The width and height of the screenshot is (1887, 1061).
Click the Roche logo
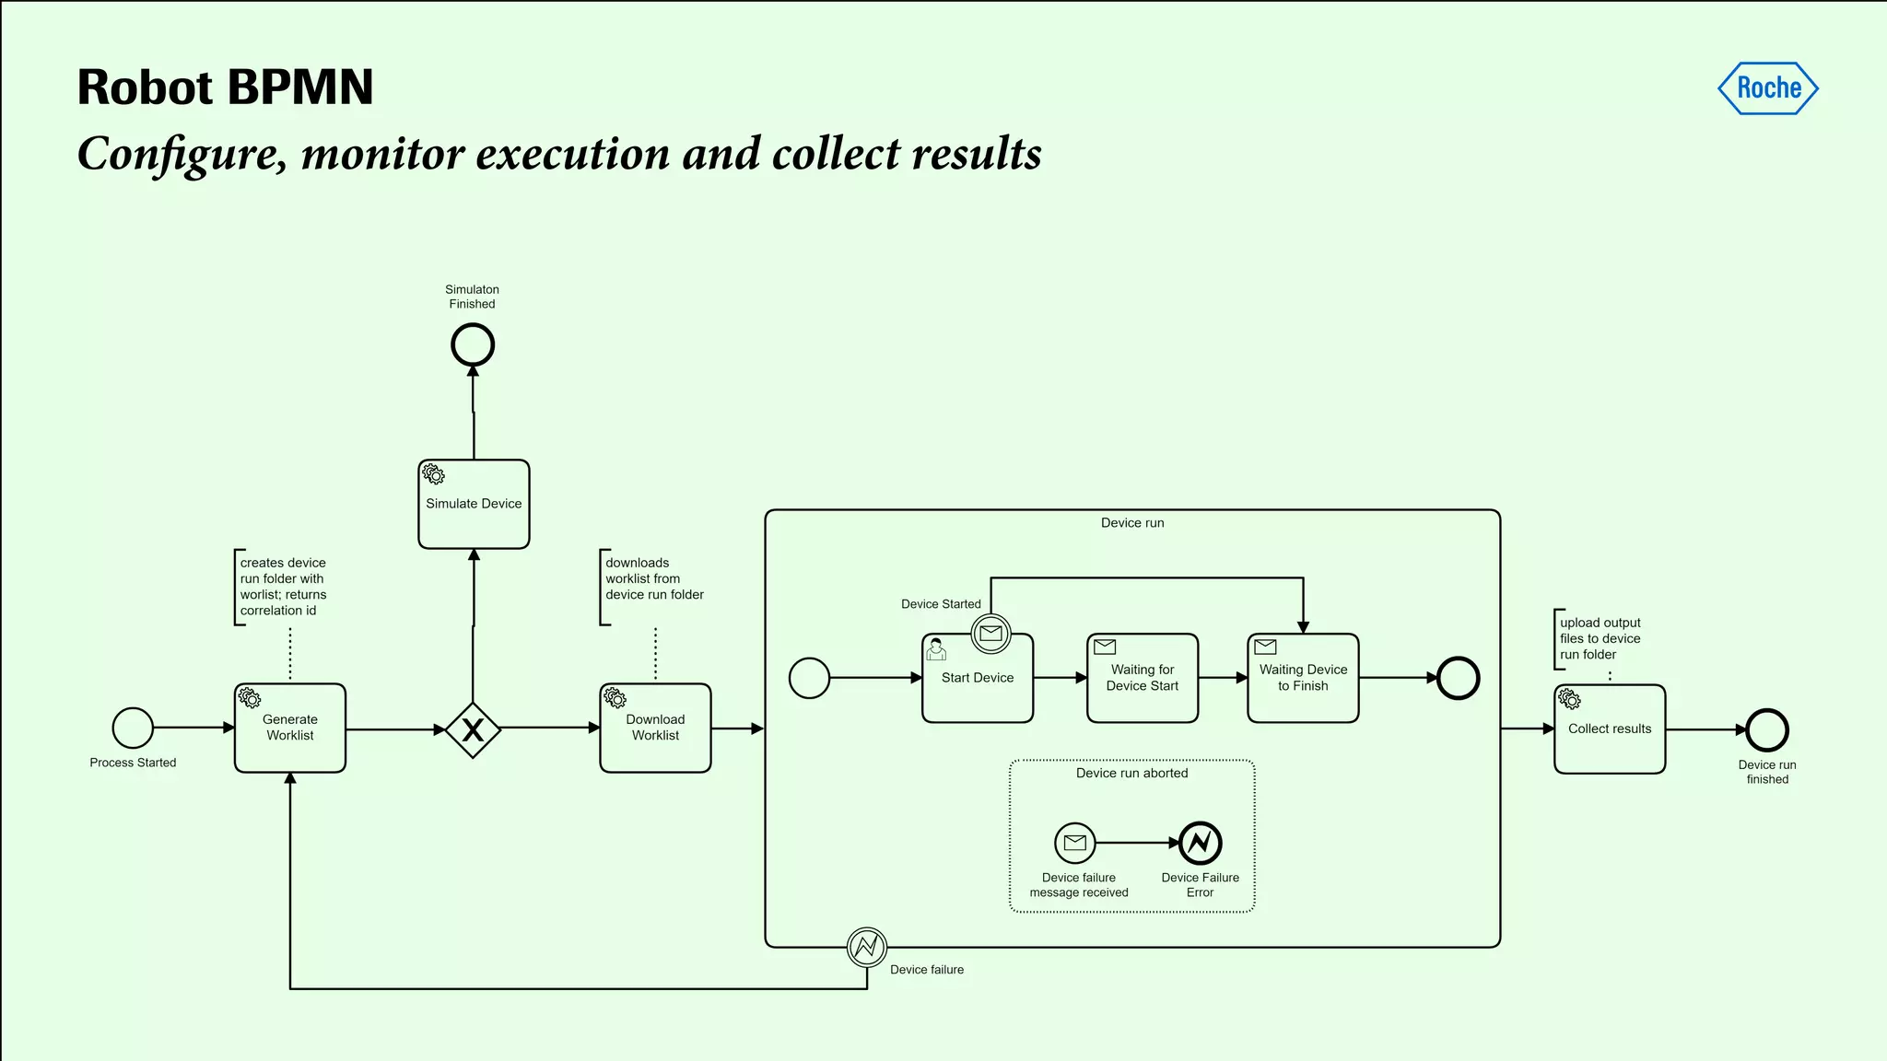pyautogui.click(x=1768, y=88)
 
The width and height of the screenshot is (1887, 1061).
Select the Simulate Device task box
pyautogui.click(x=474, y=505)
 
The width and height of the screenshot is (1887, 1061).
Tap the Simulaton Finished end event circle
pyautogui.click(x=473, y=345)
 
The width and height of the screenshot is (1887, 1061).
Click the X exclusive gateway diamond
pyautogui.click(x=473, y=729)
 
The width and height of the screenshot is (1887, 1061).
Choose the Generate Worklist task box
pyautogui.click(x=290, y=728)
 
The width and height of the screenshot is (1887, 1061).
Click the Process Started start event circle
pyautogui.click(x=133, y=728)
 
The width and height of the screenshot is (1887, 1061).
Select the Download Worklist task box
pyautogui.click(x=655, y=728)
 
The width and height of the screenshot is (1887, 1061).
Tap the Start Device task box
pyautogui.click(x=978, y=682)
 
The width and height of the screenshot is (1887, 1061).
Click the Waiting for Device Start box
pyautogui.click(x=1143, y=679)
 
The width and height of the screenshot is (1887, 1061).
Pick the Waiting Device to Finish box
pyautogui.click(x=1303, y=679)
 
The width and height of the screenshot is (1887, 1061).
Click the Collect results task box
pyautogui.click(x=1610, y=729)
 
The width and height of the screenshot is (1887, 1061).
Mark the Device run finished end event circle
pyautogui.click(x=1767, y=730)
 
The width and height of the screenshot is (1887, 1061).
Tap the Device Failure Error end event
pyautogui.click(x=1201, y=842)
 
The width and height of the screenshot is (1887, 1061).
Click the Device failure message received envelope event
pyautogui.click(x=1075, y=842)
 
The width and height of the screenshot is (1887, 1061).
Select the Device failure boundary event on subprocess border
pyautogui.click(x=867, y=947)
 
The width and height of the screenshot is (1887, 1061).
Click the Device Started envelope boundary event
pyautogui.click(x=991, y=634)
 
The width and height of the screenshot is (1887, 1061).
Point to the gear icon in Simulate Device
pyautogui.click(x=433, y=474)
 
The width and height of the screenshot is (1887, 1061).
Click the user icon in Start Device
pyautogui.click(x=936, y=649)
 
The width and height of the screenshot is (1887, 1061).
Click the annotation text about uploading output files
pyautogui.click(x=1600, y=638)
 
